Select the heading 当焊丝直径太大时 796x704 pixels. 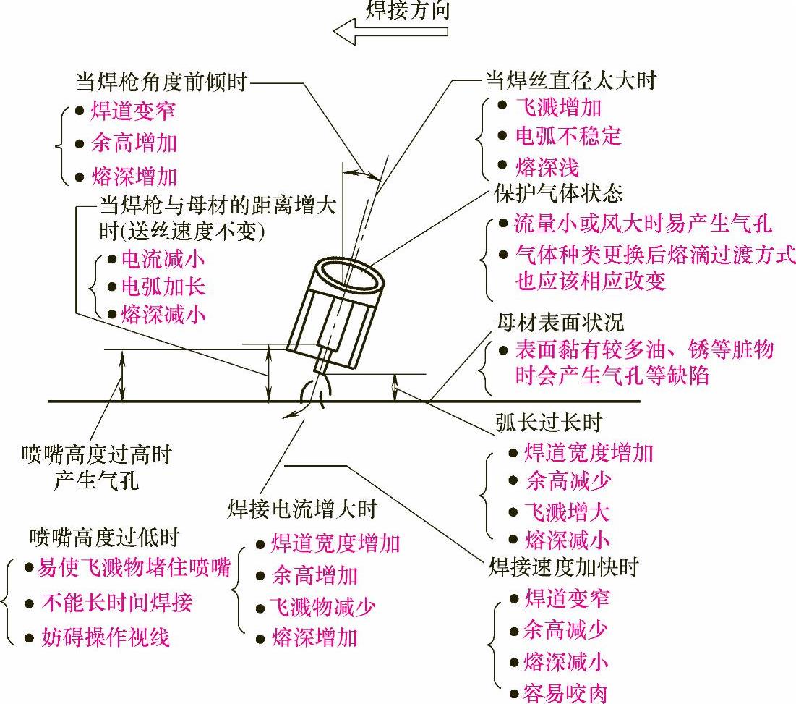tap(570, 80)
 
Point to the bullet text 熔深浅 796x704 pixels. tap(547, 168)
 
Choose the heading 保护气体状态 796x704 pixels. tap(557, 194)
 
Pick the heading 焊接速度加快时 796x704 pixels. tap(564, 567)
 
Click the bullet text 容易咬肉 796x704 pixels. tap(565, 693)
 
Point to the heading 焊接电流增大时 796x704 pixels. tap(301, 509)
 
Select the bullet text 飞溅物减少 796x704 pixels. tap(322, 607)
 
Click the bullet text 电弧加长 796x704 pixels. tap(163, 287)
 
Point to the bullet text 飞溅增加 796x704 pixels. tap(558, 107)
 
